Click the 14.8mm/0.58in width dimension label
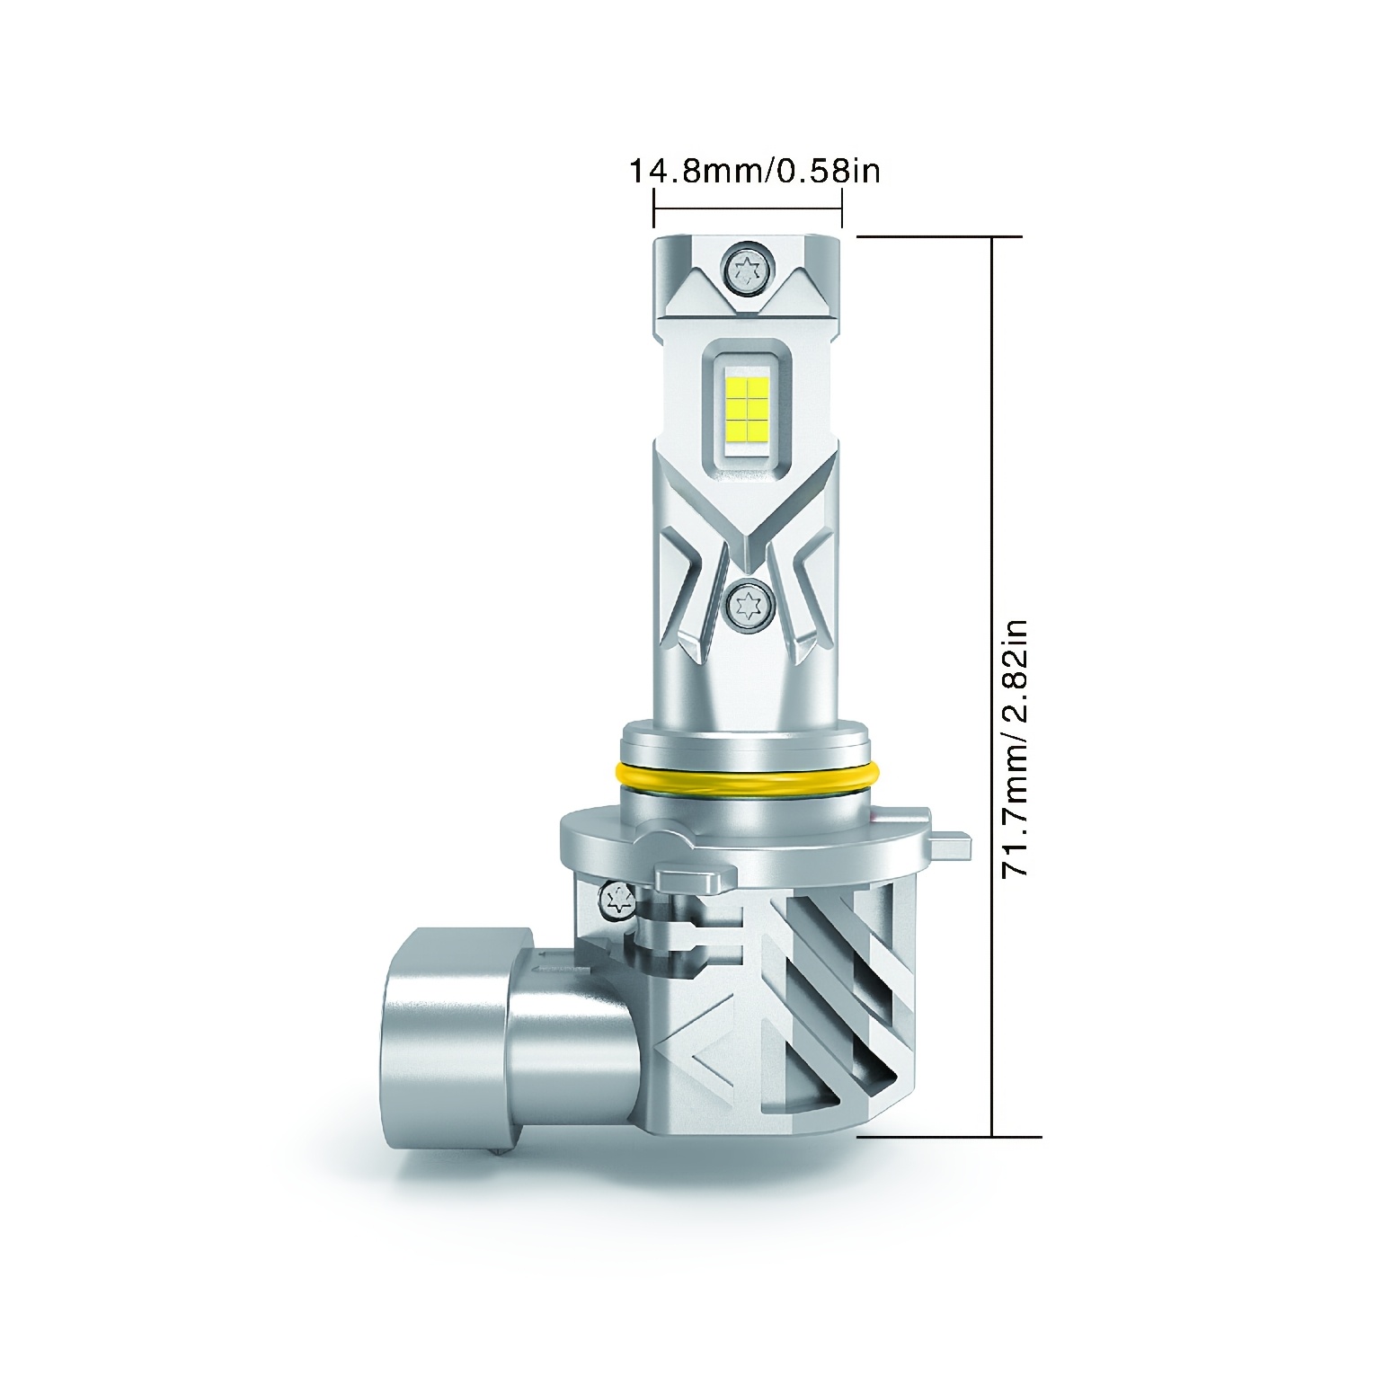(x=753, y=170)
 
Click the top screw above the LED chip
(x=747, y=268)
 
